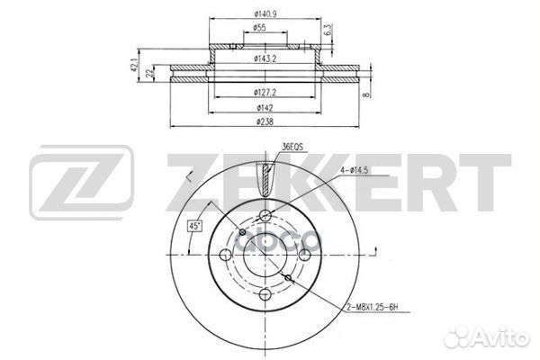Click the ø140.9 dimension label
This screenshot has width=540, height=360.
[265, 13]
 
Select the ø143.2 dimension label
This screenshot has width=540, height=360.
[264, 58]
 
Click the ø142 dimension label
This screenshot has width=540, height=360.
[264, 105]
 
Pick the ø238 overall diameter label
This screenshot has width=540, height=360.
[264, 120]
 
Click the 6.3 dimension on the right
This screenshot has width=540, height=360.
[329, 30]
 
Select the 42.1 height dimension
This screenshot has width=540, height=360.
[136, 65]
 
